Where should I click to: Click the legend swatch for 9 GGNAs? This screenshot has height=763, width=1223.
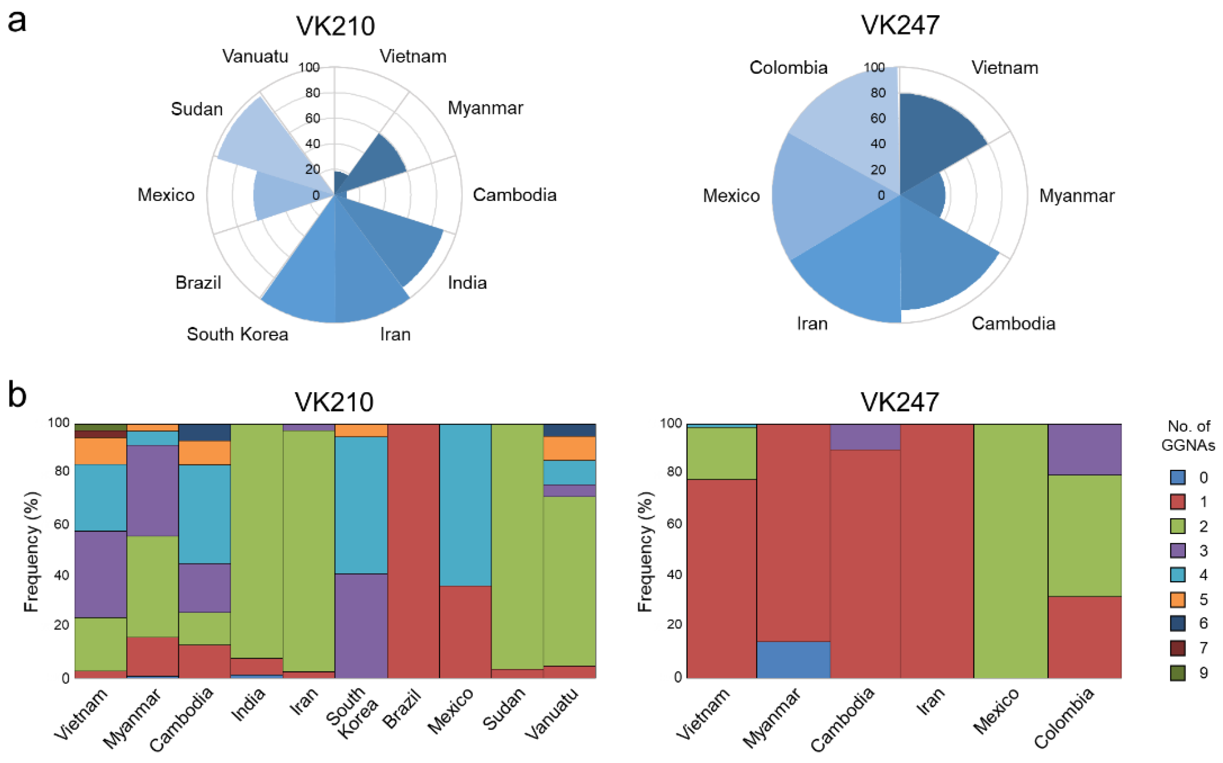click(x=1178, y=673)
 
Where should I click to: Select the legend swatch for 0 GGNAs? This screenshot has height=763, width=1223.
click(x=1178, y=477)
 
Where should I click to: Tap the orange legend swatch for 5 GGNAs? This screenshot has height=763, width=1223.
click(x=1178, y=600)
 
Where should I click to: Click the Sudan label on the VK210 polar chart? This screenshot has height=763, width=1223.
click(x=197, y=109)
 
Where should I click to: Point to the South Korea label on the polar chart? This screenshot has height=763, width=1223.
click(x=237, y=334)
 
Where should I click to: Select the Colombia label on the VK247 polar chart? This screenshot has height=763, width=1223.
click(x=788, y=68)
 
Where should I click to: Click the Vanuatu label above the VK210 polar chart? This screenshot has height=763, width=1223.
click(x=255, y=56)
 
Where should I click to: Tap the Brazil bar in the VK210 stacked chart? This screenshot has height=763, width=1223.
click(x=413, y=550)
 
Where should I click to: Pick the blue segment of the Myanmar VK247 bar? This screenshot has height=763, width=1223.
click(x=793, y=659)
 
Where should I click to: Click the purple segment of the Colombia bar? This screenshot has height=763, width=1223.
click(x=1085, y=449)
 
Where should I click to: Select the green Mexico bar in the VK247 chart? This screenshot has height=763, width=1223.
click(x=1011, y=550)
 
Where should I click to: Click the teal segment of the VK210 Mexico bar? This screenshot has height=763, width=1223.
click(x=465, y=505)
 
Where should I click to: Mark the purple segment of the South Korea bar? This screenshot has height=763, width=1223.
click(x=361, y=626)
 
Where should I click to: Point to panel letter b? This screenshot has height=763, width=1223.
click(x=17, y=395)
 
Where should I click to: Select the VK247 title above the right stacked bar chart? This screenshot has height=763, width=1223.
click(x=900, y=402)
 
